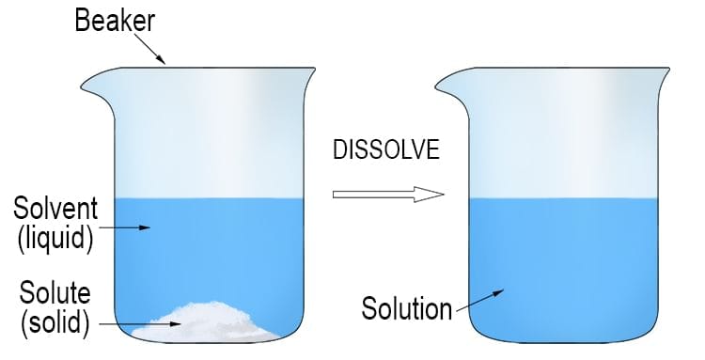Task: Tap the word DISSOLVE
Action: [x=386, y=150]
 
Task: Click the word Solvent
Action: [x=53, y=206]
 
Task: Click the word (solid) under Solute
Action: [x=55, y=324]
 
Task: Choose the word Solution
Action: [x=406, y=307]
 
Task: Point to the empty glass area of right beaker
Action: [x=564, y=141]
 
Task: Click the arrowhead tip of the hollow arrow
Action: [x=443, y=195]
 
